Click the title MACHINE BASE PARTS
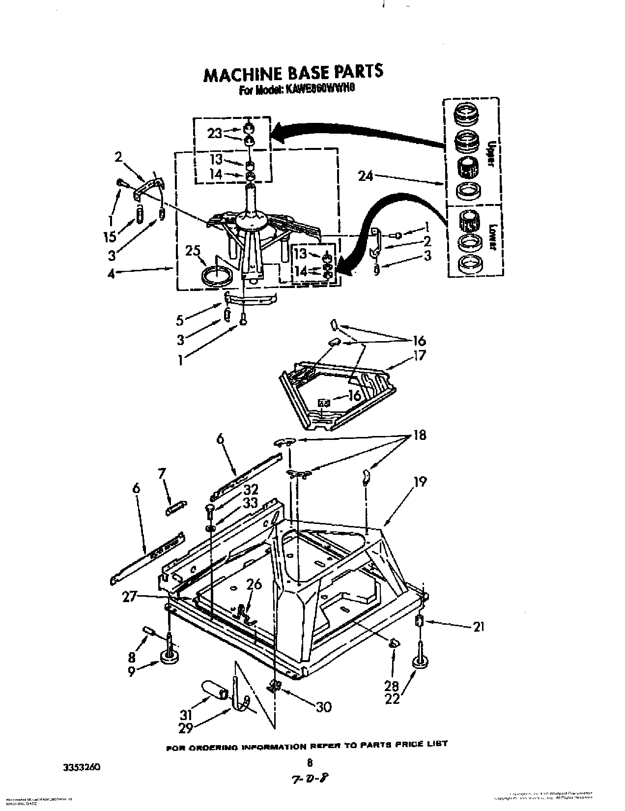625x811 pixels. [x=293, y=72]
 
